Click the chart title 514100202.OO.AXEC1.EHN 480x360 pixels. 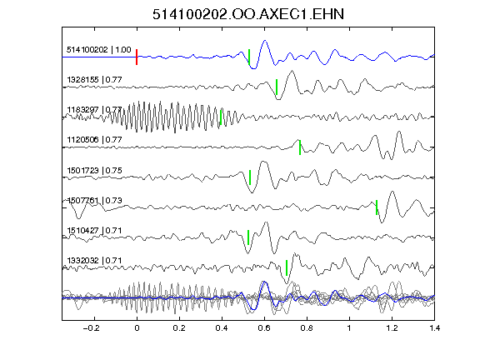pyautogui.click(x=248, y=14)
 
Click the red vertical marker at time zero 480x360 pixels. pyautogui.click(x=137, y=57)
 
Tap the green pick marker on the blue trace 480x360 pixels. pyautogui.click(x=249, y=57)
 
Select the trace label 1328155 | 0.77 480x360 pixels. pyautogui.click(x=94, y=80)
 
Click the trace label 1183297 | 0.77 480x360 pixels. pyautogui.click(x=94, y=110)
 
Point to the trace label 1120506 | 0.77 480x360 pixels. pyautogui.click(x=94, y=140)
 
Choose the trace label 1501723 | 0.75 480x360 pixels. pyautogui.click(x=94, y=170)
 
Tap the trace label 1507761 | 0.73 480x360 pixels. pyautogui.click(x=94, y=201)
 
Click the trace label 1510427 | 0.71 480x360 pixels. pyautogui.click(x=94, y=230)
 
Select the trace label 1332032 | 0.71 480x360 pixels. pyautogui.click(x=94, y=261)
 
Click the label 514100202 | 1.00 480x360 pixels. pyautogui.click(x=99, y=50)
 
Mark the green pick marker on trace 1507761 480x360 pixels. pyautogui.click(x=377, y=207)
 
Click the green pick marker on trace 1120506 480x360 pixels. pyautogui.click(x=300, y=147)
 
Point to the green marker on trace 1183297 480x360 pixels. pyautogui.click(x=221, y=117)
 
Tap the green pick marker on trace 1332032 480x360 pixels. pyautogui.click(x=287, y=267)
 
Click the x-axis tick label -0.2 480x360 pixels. pyautogui.click(x=92, y=328)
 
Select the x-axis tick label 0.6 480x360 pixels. pyautogui.click(x=264, y=328)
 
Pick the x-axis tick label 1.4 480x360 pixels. pyautogui.click(x=435, y=328)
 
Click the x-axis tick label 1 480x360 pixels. pyautogui.click(x=349, y=328)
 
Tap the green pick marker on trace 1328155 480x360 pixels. pyautogui.click(x=277, y=87)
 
